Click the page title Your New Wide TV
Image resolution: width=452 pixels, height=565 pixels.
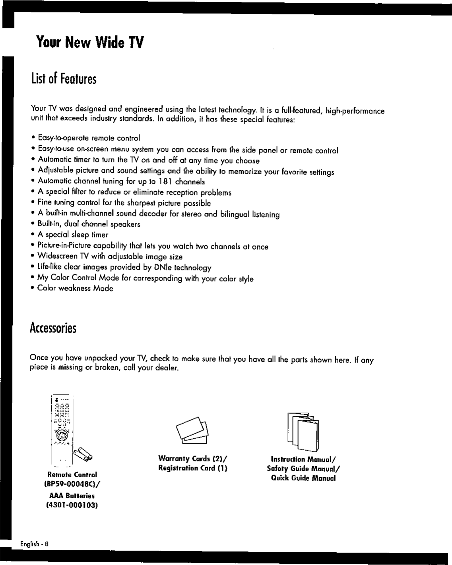[x=89, y=42]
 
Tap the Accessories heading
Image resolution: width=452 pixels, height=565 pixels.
[x=53, y=328]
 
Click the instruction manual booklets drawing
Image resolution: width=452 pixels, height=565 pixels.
[x=303, y=432]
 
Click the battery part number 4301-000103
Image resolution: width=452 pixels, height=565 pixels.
[x=72, y=505]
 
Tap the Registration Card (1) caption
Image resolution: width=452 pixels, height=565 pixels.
[x=192, y=468]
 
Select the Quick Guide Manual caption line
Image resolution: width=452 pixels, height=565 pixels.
[x=303, y=478]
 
